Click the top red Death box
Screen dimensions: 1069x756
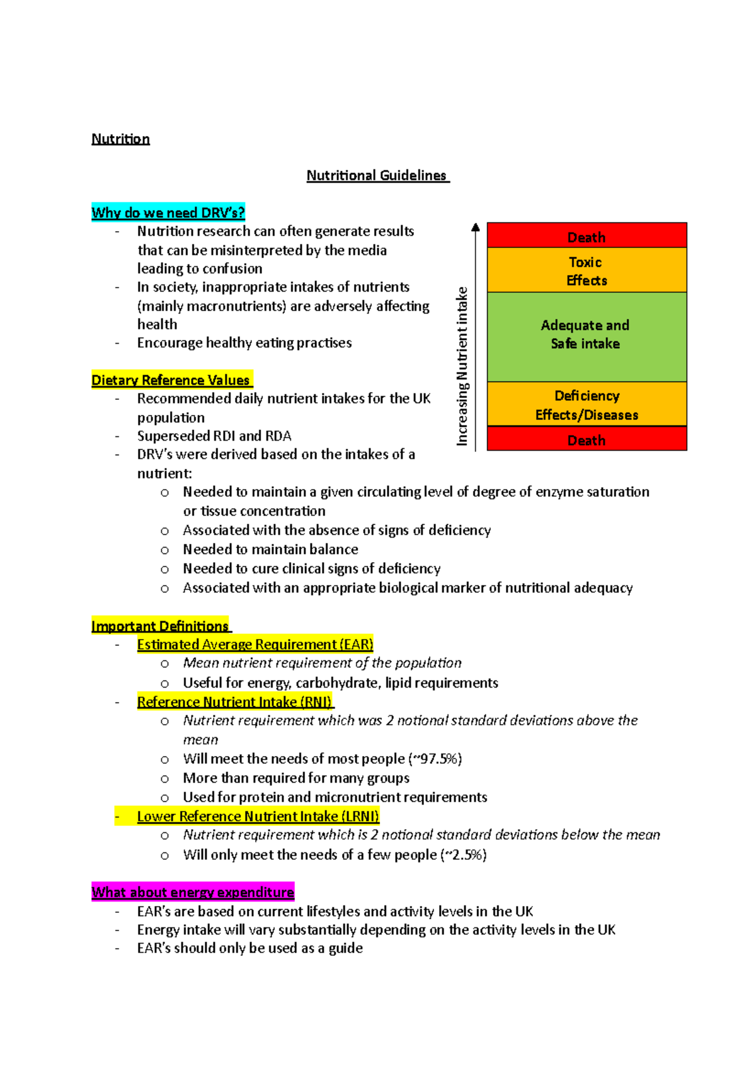click(587, 235)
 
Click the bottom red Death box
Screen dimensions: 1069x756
click(587, 439)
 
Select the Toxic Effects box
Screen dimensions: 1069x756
click(587, 271)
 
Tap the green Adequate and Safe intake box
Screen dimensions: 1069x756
click(587, 336)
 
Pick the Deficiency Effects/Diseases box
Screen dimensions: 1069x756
click(587, 404)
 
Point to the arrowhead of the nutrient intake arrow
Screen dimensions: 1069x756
click(476, 227)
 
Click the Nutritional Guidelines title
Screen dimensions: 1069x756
click(377, 176)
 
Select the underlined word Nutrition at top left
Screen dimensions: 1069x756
click(120, 139)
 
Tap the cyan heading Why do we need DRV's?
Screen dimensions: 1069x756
click(168, 213)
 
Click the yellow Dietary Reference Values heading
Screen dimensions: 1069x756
click(171, 380)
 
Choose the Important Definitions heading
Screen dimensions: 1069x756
click(161, 626)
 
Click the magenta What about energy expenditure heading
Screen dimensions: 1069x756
click(193, 892)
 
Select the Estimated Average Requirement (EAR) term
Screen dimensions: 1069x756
click(255, 645)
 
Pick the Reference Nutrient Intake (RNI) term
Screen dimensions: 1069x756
click(235, 702)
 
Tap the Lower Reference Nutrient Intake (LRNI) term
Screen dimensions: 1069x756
click(258, 817)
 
